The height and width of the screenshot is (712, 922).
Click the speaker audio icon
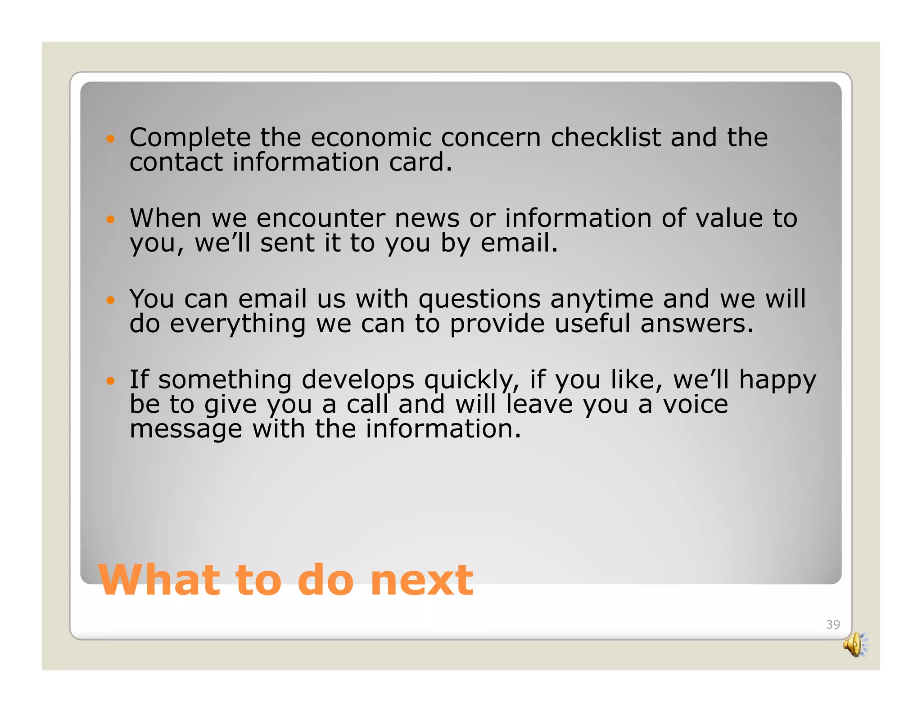854,644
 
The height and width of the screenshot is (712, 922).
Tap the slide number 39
832,624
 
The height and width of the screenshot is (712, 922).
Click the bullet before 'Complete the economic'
110,139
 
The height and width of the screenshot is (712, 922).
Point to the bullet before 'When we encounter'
110,220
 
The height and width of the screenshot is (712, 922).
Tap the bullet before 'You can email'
110,300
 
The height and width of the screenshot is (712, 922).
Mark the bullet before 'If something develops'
110,381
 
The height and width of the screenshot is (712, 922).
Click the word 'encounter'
321,219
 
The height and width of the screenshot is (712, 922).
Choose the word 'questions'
479,300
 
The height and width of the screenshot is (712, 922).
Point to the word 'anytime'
601,300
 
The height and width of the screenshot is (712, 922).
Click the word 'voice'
695,404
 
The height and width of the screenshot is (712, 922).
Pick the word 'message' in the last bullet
185,430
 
